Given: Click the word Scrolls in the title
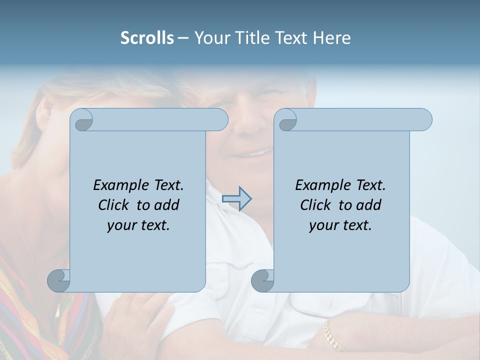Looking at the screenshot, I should (x=147, y=38).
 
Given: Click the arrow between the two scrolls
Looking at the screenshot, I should (x=236, y=199).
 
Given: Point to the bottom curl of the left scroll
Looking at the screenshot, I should (x=59, y=280).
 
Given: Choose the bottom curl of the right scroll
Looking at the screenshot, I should (x=263, y=280).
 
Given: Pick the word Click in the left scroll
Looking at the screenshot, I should (x=115, y=205).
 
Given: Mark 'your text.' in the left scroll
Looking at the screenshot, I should (x=138, y=225).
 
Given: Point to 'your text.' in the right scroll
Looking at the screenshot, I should (x=340, y=225).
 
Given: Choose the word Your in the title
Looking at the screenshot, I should (x=210, y=38).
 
